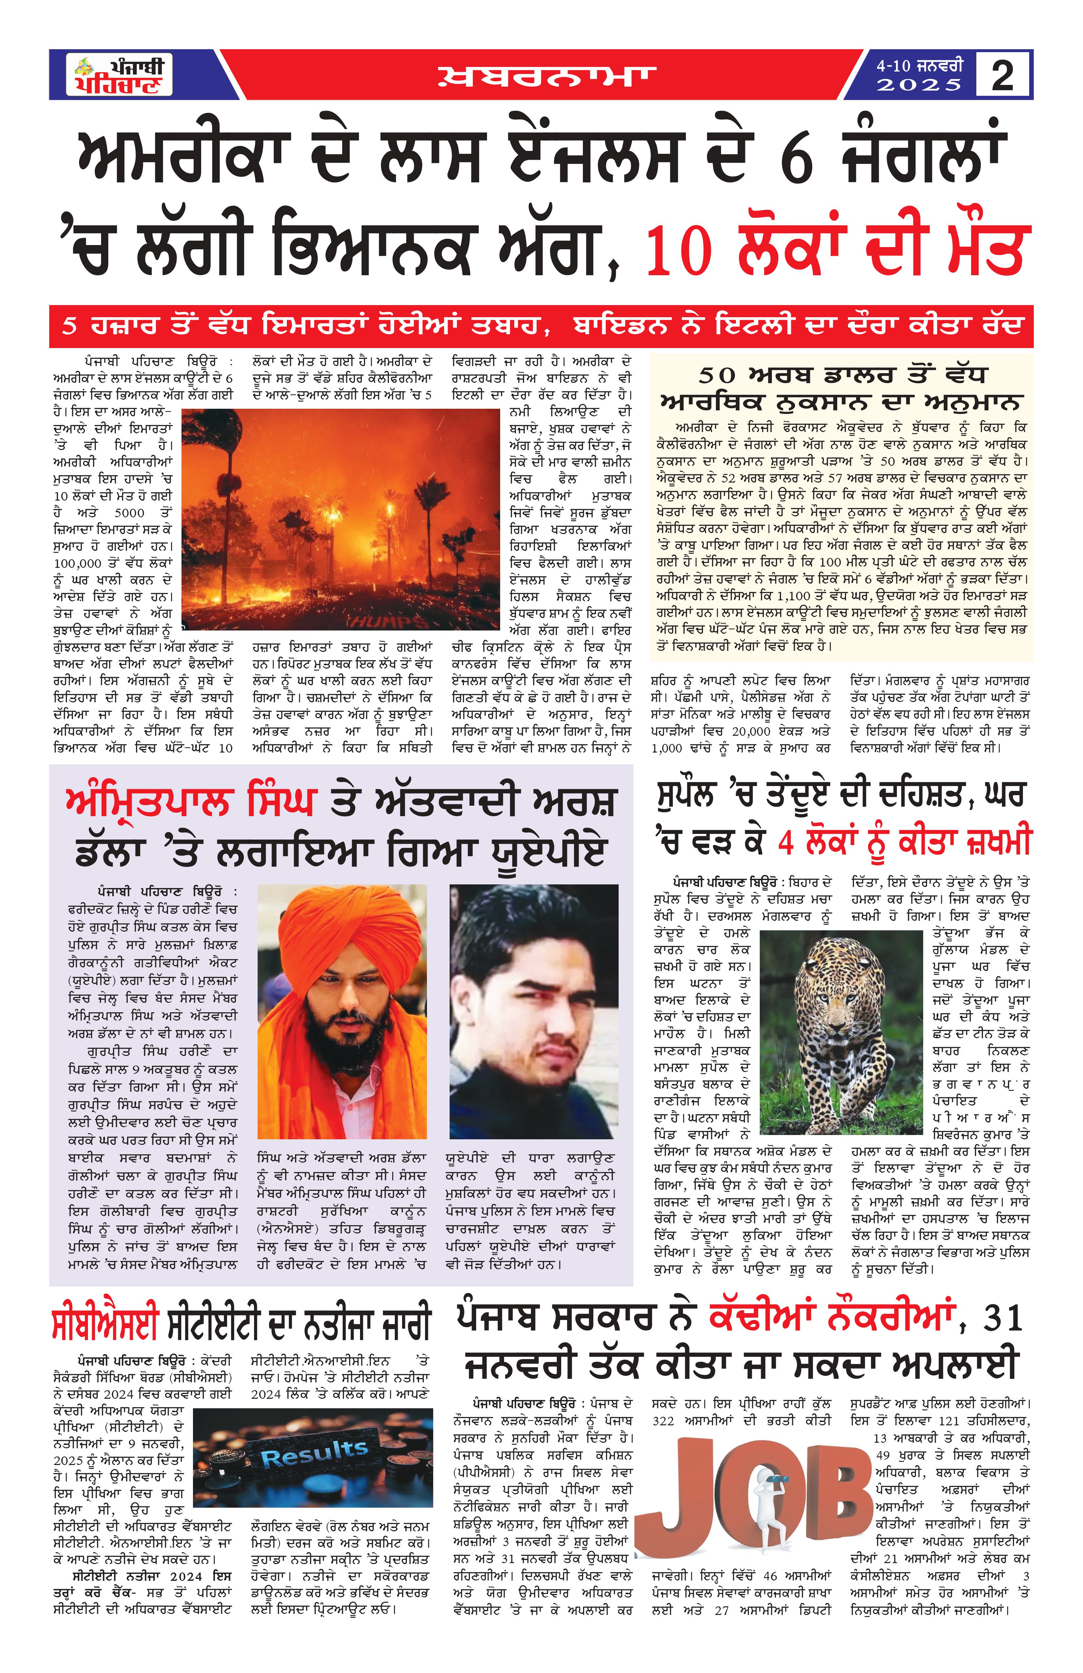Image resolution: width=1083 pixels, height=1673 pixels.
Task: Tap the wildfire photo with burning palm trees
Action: point(340,519)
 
